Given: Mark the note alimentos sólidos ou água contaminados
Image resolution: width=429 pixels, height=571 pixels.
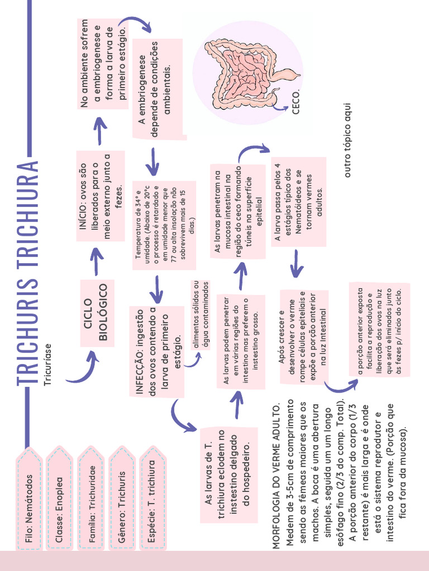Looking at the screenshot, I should (x=200, y=314).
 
